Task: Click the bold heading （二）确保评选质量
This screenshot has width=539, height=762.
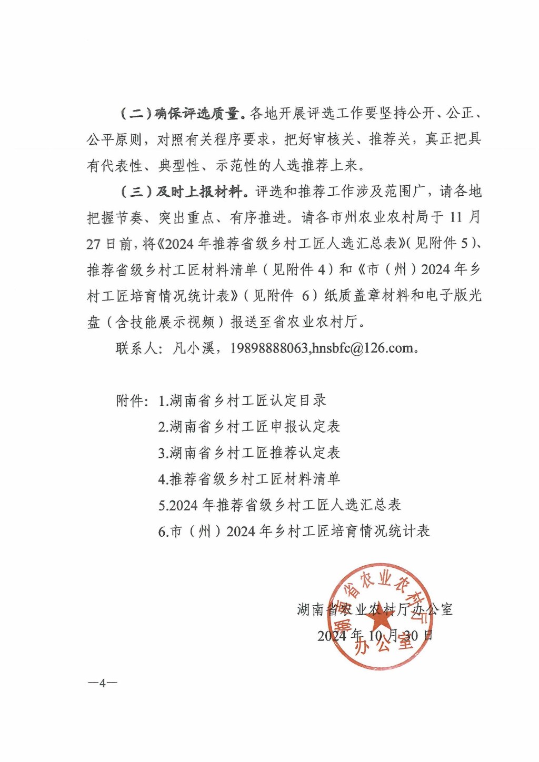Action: click(180, 113)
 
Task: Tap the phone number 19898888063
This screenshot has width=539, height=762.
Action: click(268, 348)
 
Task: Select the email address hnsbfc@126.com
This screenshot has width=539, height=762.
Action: click(363, 348)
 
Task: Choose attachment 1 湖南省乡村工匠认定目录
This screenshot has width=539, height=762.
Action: click(242, 401)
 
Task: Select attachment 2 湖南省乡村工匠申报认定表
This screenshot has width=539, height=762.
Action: click(249, 427)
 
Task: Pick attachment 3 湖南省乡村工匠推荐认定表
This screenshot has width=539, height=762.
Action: click(249, 453)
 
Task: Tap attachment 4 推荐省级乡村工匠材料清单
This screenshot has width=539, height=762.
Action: click(249, 479)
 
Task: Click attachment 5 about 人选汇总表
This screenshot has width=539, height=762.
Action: click(280, 505)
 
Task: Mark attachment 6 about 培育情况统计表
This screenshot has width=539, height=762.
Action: click(294, 532)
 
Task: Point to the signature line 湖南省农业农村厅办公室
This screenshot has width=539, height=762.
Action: click(374, 610)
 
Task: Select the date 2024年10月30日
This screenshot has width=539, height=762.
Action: click(374, 636)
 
